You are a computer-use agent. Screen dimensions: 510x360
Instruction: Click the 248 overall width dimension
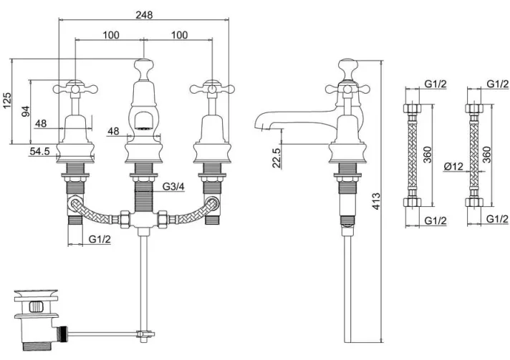(x=145, y=14)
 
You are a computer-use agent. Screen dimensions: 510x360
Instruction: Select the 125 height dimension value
(x=7, y=100)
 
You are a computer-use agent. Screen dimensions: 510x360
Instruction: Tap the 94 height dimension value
(x=26, y=112)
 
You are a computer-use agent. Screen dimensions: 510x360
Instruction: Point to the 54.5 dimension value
(x=39, y=151)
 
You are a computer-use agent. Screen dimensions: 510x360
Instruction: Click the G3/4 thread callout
(x=173, y=187)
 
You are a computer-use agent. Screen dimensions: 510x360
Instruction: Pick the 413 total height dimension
(x=376, y=201)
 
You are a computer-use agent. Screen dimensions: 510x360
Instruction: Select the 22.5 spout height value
(x=276, y=158)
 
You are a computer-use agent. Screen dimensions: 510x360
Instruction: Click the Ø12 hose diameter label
(x=453, y=166)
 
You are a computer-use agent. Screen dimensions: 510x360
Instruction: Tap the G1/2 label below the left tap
(x=100, y=239)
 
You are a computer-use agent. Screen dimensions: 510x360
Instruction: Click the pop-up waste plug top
(x=36, y=293)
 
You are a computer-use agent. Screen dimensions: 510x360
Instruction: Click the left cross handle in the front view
(x=75, y=88)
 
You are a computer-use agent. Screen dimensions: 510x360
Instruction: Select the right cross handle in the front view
(x=212, y=88)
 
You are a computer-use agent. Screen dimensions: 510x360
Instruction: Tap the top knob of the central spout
(x=143, y=65)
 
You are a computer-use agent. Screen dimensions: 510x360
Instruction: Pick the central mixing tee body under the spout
(x=143, y=219)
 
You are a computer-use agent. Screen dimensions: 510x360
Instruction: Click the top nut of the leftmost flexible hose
(x=413, y=108)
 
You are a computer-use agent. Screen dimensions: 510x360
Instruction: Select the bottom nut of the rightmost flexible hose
(x=474, y=202)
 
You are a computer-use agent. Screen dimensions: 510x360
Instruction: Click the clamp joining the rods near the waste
(x=145, y=334)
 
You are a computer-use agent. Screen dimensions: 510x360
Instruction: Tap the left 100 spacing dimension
(x=111, y=35)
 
